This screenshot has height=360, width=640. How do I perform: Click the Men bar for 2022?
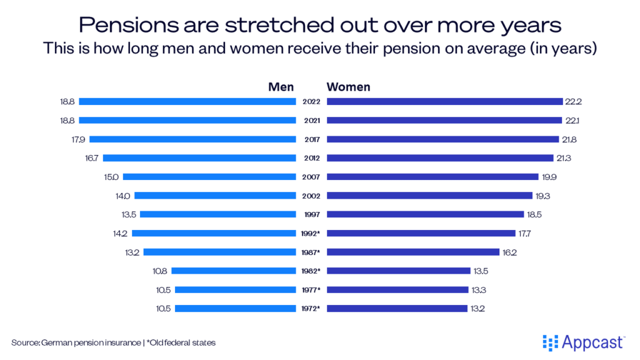187,101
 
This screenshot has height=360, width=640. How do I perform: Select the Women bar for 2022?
444,101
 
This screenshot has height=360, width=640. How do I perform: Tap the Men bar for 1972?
236,308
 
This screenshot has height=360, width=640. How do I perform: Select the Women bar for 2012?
440,158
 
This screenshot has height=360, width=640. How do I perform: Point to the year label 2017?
311,139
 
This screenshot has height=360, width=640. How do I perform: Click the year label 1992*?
311,233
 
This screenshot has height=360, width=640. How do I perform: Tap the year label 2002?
311,196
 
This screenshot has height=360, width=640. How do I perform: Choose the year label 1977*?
311,289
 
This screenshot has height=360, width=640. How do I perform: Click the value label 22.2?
573,101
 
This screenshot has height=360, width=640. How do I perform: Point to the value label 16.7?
91,158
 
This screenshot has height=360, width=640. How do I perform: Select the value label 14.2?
121,233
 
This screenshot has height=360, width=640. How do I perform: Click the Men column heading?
281,87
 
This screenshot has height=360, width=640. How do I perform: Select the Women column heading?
348,87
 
